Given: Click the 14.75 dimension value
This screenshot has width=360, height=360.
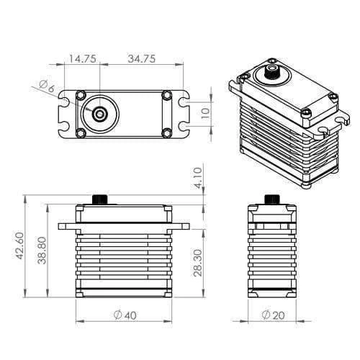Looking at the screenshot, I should [x=84, y=59].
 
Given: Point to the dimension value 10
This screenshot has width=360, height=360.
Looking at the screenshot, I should [x=205, y=113].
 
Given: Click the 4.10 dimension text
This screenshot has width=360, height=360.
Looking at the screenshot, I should [x=198, y=176].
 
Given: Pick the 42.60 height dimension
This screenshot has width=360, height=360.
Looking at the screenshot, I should [x=20, y=245].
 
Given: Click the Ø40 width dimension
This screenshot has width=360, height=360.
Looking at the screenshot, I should [x=125, y=315].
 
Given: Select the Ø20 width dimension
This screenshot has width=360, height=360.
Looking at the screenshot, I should [x=272, y=315].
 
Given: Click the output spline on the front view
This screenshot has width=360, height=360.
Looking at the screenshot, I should [x=100, y=199].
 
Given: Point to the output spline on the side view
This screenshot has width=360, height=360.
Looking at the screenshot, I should [x=271, y=199].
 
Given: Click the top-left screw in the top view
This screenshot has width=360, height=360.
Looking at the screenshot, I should [x=81, y=95].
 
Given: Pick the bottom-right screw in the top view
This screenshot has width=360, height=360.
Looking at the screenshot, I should [x=167, y=132].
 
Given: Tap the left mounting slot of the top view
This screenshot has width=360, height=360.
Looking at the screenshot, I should [x=66, y=113].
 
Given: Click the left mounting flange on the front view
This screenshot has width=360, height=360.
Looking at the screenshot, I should [x=67, y=225].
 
